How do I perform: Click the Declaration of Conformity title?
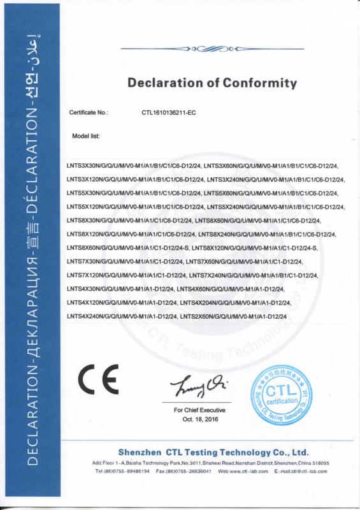coord(212,83)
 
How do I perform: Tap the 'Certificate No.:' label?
coord(89,112)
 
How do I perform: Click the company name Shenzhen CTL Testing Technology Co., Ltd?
coord(213,452)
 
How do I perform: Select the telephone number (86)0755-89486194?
coord(123,471)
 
